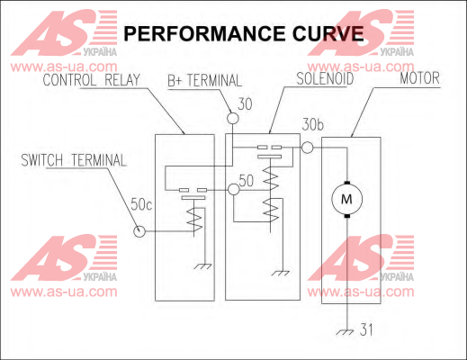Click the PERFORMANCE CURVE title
coord(244,33)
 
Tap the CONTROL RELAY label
coord(92,80)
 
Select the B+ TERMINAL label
coord(204,80)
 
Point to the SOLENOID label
coord(325,78)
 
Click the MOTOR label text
coord(419,78)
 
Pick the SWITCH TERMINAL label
coord(74,160)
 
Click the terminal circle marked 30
coord(233,118)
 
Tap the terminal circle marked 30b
coord(307,148)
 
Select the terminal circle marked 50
coord(234,190)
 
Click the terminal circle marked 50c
coord(139,231)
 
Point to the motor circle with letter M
coord(347,199)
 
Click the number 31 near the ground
coord(366,329)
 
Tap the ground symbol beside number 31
coord(346,332)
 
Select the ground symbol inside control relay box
coord(203,266)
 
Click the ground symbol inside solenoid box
coord(281,273)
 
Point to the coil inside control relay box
coord(194,220)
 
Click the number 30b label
coord(313,125)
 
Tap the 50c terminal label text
coord(141,204)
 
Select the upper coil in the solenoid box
coord(271,178)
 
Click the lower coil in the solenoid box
coord(271,210)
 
